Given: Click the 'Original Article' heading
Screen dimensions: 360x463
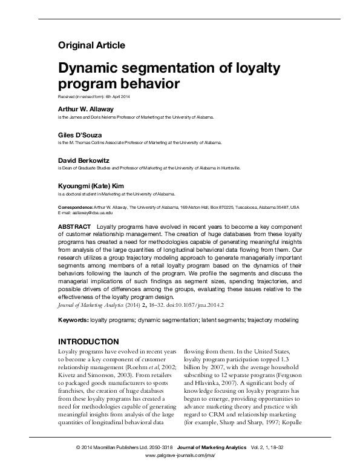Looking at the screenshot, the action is pos(91,45).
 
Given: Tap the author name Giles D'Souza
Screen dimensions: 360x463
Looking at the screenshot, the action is pos(80,134).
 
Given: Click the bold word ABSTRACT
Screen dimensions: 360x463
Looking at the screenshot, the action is pos(74,226).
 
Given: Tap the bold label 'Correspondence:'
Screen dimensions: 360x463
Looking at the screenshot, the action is pos(76,207).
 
